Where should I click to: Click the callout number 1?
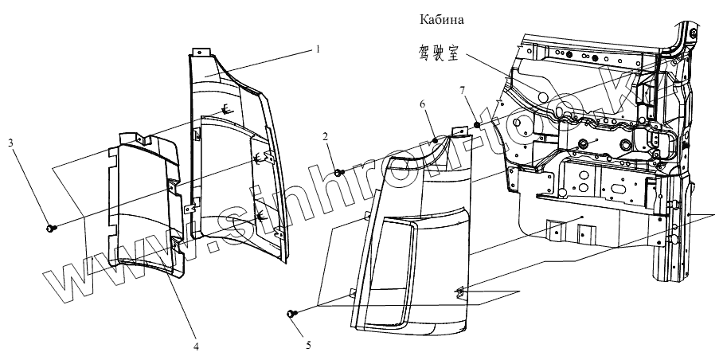click(x=317, y=49)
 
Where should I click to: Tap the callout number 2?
click(x=326, y=137)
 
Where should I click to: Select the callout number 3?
click(x=10, y=143)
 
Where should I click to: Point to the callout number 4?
click(x=196, y=346)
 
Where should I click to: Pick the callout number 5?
click(x=307, y=346)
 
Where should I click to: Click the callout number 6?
click(x=423, y=104)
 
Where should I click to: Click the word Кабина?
click(x=440, y=18)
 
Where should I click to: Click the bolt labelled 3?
click(x=53, y=228)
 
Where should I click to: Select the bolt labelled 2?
click(x=339, y=172)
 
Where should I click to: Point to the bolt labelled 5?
click(x=291, y=315)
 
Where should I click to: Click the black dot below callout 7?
click(x=476, y=124)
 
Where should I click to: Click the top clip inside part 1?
click(x=227, y=110)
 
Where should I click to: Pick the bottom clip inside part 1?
click(x=260, y=215)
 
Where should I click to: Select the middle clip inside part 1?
click(x=258, y=160)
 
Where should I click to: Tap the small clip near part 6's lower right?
click(x=460, y=292)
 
